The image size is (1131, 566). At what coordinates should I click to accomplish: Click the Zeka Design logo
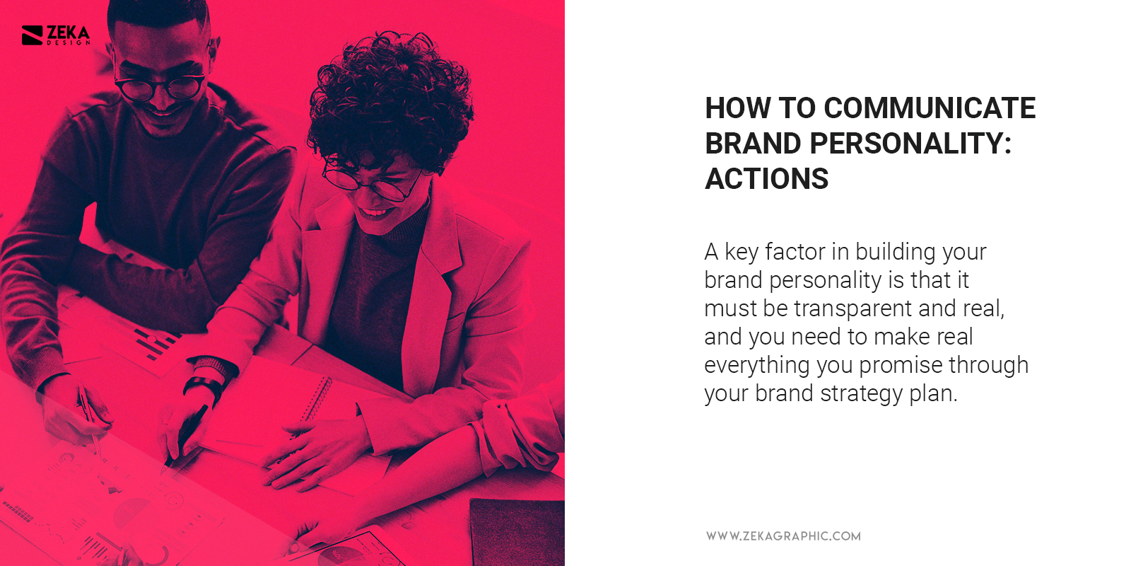[56, 35]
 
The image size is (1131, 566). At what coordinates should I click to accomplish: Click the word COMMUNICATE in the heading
[930, 108]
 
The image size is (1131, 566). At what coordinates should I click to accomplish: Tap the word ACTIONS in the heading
[766, 179]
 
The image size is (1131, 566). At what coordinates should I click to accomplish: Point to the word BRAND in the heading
[753, 144]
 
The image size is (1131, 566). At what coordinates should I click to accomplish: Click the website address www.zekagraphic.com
[783, 536]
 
